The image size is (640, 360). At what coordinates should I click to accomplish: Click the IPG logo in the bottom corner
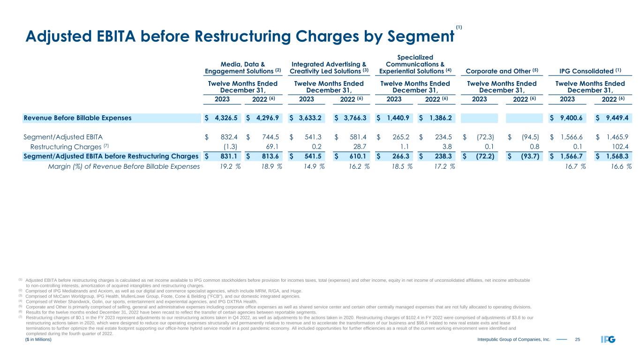click(608, 340)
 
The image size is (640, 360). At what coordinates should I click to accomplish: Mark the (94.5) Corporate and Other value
click(530, 137)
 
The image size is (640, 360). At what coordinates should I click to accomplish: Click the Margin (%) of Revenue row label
click(124, 165)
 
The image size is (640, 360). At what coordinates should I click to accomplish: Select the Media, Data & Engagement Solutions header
click(242, 67)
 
